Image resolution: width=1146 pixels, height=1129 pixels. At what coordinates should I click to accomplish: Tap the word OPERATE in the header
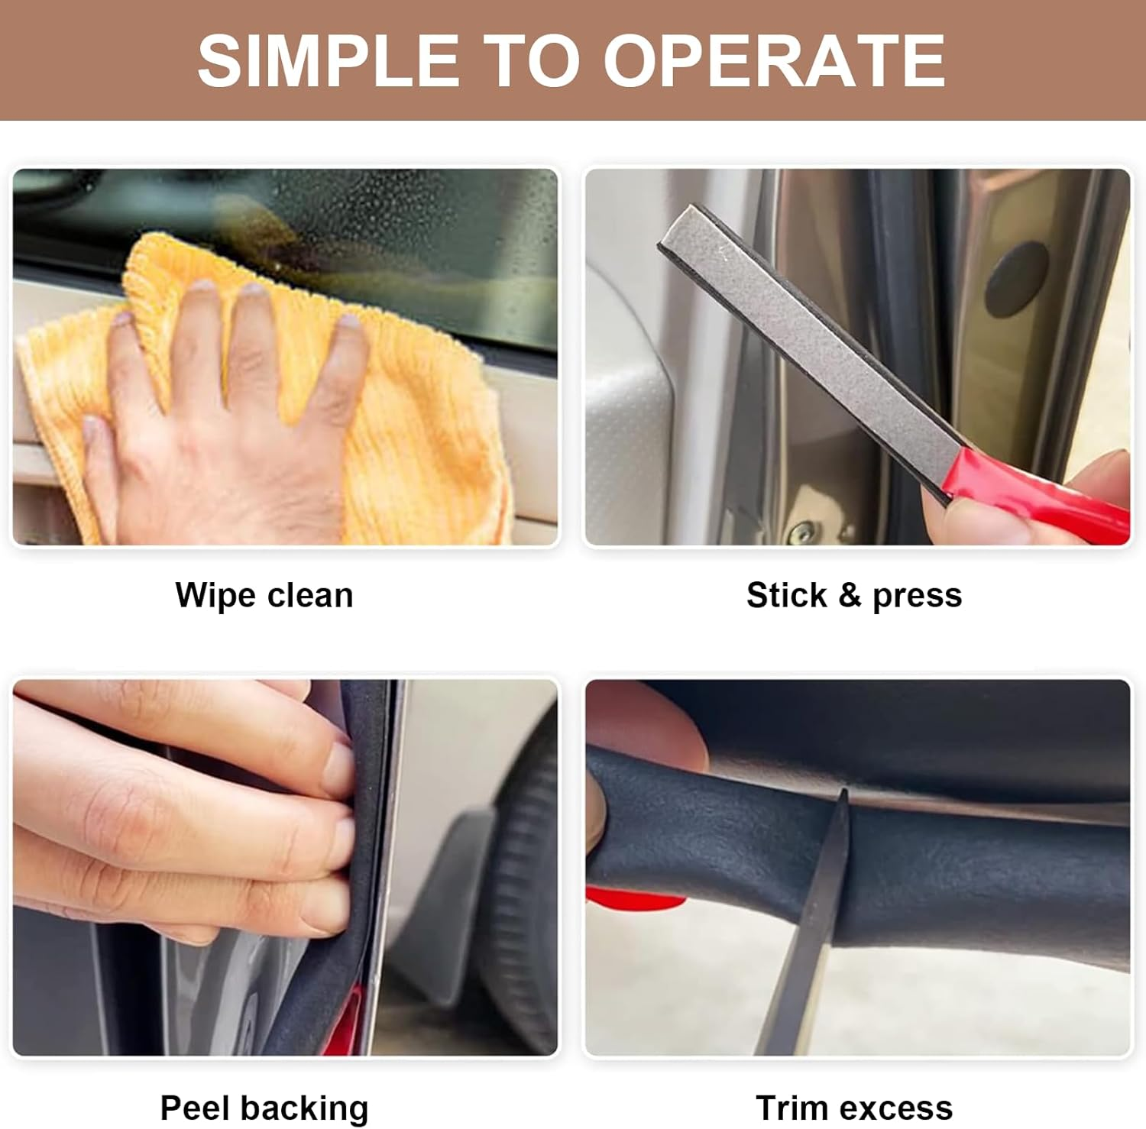[x=775, y=61]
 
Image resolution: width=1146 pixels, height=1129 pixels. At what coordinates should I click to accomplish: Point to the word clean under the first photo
[x=309, y=595]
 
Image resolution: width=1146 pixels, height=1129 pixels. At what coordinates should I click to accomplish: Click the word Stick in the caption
[x=786, y=595]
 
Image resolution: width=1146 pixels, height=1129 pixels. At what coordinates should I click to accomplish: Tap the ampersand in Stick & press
[x=850, y=595]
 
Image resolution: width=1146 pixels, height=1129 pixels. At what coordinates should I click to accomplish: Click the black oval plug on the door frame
[x=1015, y=280]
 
